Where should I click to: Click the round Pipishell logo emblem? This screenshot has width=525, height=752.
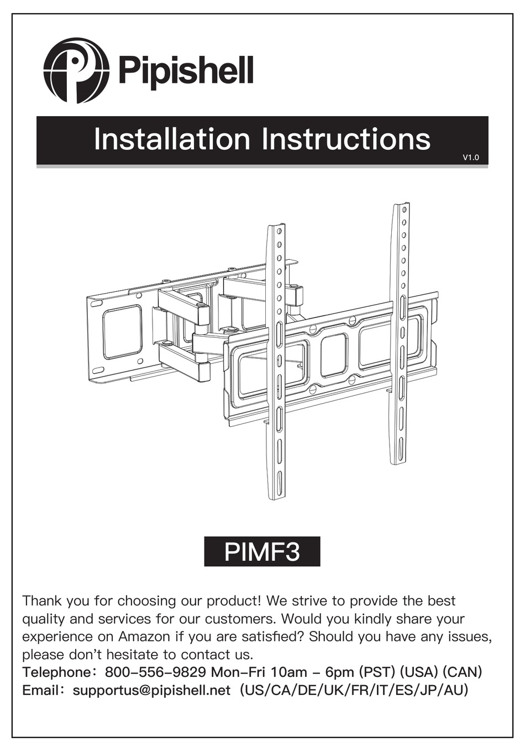[76, 70]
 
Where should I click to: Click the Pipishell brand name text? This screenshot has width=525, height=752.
[186, 71]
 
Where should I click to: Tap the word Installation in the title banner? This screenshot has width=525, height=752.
[171, 139]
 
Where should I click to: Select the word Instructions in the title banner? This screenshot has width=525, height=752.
[346, 139]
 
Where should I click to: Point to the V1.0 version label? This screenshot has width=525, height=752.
[471, 158]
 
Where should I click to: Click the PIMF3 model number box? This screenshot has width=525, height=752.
[262, 551]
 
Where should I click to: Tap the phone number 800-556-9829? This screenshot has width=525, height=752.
[155, 672]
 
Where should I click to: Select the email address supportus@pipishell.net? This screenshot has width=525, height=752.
[151, 691]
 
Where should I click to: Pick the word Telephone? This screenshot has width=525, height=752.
[55, 672]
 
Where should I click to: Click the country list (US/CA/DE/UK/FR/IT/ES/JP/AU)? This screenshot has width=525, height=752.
[354, 691]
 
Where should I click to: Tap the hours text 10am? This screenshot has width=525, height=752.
[289, 672]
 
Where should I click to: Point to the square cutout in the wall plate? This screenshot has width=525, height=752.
[122, 332]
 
